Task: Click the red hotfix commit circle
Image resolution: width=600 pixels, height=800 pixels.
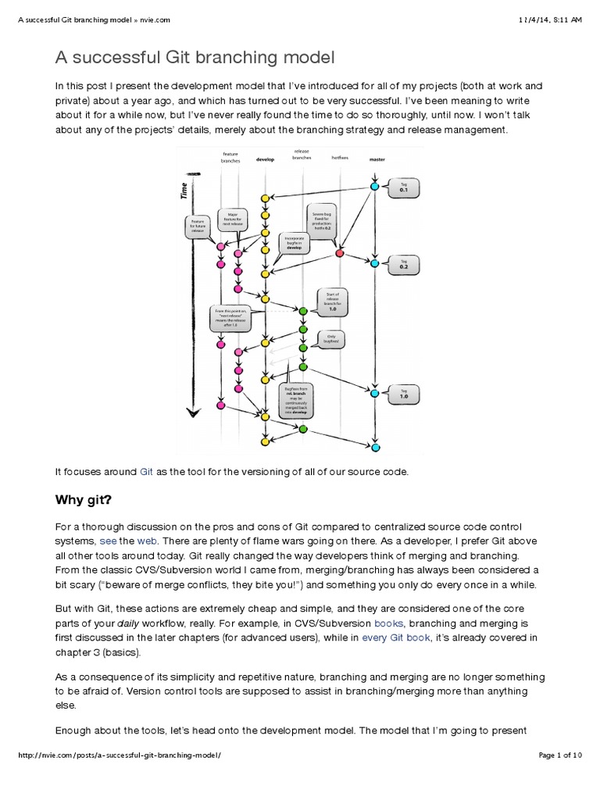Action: point(339,253)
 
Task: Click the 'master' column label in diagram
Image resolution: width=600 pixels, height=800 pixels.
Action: point(377,159)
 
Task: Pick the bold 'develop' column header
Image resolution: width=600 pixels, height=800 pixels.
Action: point(265,159)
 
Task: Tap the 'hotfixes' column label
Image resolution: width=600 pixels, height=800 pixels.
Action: point(338,158)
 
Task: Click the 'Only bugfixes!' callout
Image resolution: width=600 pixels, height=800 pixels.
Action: point(331,338)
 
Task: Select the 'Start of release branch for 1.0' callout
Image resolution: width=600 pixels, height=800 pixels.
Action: point(330,300)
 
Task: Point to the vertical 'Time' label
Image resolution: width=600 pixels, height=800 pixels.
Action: point(184,191)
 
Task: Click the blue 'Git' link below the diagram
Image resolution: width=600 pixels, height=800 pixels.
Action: point(146,472)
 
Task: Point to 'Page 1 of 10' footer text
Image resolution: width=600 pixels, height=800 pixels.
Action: point(560,777)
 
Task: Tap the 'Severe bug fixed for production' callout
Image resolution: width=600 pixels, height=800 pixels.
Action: point(323,223)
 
